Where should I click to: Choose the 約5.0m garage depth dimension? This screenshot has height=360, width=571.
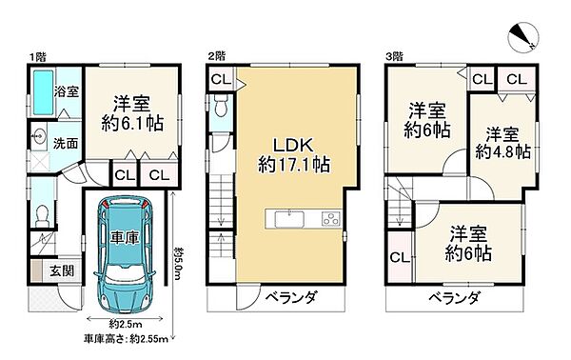179,258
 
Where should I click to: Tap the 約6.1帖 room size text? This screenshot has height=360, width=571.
128,122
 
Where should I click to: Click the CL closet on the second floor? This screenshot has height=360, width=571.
219,79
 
